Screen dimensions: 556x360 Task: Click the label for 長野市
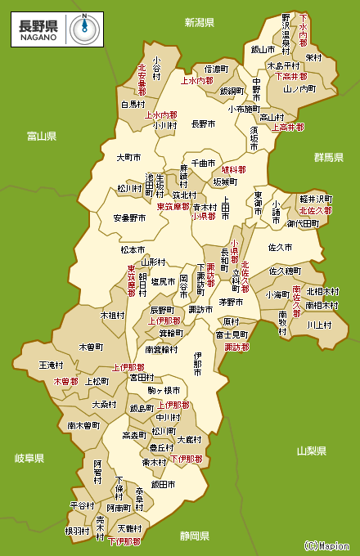tap(203, 124)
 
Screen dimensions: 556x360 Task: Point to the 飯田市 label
tap(164, 485)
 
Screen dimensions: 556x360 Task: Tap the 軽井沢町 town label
tap(315, 199)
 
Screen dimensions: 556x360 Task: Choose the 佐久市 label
tap(280, 246)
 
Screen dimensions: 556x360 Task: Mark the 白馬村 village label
tap(133, 105)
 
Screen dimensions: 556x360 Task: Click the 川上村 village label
tap(318, 325)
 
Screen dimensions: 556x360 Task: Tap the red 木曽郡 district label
tap(66, 381)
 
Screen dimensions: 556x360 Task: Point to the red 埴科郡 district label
tap(234, 170)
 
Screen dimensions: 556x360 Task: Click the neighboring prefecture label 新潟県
tap(199, 22)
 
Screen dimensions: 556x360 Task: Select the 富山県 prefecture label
tap(41, 136)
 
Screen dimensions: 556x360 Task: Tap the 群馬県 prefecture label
tap(329, 156)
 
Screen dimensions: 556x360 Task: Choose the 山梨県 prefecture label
tap(311, 451)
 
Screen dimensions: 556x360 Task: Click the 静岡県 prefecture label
tap(195, 536)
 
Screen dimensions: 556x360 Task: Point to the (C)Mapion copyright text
tap(327, 545)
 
